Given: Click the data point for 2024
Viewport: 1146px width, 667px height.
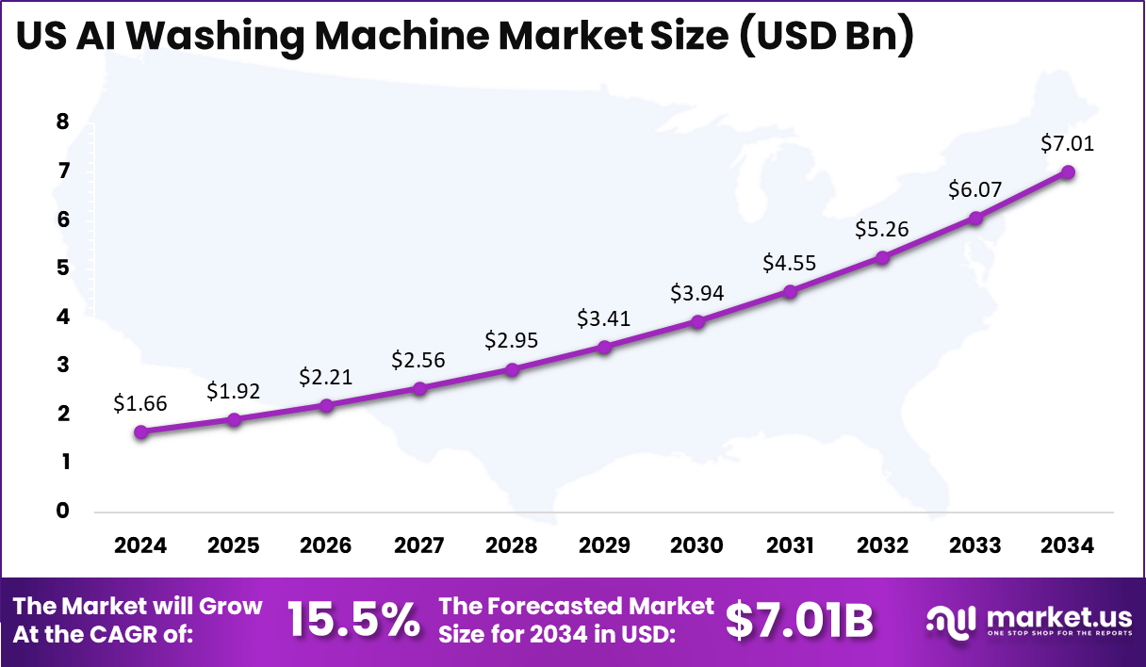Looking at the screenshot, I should point(141,431).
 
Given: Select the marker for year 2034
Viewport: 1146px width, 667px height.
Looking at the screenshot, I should point(1068,171).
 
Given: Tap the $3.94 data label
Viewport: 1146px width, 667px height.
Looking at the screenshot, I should point(696,293).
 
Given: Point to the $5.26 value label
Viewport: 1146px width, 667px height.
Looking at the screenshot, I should point(882,229).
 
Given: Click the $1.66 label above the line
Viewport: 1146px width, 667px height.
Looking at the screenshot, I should point(140,403).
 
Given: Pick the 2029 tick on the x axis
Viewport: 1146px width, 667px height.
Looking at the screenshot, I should point(604,545).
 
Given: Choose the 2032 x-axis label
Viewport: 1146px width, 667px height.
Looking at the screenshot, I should point(882,545).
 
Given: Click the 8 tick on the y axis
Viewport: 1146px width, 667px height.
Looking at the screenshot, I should point(63,122).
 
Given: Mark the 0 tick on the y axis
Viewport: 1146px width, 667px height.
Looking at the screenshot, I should point(63,511).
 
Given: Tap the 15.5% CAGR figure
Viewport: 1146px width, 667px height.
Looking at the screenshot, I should point(353,620).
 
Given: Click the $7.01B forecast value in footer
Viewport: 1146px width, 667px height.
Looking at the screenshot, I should point(799,620).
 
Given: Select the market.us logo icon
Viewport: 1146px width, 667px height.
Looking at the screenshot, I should point(951,620).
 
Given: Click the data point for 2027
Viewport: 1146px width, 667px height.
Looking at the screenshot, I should point(419,387).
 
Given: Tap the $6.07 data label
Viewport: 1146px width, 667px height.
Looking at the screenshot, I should point(975,189).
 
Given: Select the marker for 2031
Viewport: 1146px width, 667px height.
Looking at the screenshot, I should point(790,291).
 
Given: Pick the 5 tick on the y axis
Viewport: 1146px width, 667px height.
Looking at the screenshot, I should point(63,268).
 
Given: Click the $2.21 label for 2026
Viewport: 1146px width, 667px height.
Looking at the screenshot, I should point(326,377).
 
